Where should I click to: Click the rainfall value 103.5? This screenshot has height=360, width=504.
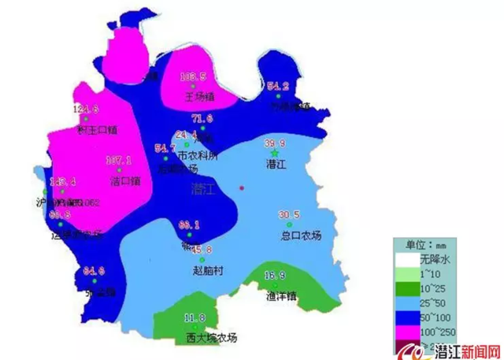pos(193,76)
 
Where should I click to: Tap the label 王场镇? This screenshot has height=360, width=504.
pos(200,98)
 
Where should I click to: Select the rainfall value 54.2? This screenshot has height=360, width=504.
pos(279,86)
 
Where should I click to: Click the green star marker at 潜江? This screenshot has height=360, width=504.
pos(274,152)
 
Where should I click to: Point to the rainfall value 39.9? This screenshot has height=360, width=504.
pos(274,143)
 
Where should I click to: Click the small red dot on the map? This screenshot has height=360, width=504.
pos(242,187)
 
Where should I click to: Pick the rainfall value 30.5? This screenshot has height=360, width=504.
pos(289,215)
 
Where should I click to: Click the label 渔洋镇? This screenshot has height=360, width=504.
pos(280,297)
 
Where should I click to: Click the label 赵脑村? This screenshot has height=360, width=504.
pos(209,269)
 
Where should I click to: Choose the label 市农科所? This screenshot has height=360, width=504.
pos(197,155)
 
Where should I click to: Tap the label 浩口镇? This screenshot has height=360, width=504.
pos(125,180)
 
